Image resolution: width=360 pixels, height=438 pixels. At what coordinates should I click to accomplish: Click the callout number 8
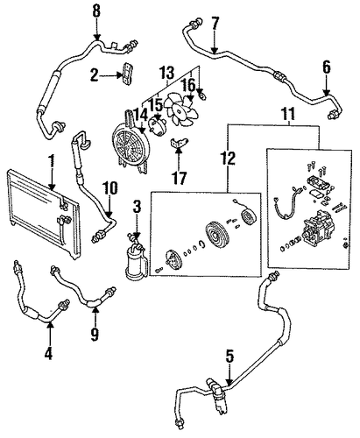point(96,12)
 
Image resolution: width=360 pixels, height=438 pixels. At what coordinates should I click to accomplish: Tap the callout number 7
point(215,25)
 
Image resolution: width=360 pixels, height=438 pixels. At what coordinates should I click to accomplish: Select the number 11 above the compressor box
point(288,113)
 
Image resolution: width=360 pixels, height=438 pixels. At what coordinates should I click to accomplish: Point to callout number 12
point(228,159)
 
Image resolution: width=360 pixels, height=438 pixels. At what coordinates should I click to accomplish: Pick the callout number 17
point(180,178)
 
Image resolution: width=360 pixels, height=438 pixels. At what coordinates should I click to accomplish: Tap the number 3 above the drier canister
point(137,207)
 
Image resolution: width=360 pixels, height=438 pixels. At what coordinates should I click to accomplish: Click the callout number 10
point(109,188)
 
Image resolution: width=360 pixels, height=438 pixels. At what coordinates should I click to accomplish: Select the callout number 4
point(48,353)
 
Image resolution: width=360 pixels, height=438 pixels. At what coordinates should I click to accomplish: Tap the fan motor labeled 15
point(158,127)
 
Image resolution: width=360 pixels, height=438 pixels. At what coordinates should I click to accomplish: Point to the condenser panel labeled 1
point(42,213)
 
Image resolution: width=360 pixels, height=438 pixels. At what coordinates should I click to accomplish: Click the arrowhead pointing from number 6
point(326,93)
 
